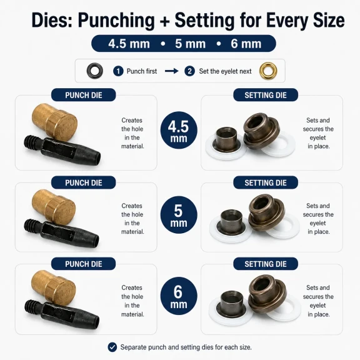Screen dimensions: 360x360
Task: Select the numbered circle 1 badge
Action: point(118,71)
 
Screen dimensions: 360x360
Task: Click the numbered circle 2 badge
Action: point(189,71)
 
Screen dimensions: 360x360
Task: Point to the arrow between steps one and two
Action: point(171,71)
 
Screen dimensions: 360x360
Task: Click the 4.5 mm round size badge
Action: point(179,130)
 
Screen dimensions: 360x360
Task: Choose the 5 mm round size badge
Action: point(179,215)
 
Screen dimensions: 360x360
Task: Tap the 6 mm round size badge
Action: point(179,296)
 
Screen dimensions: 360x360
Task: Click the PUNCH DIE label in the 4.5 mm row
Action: point(84,95)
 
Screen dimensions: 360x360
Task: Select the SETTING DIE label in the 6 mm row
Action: point(266,264)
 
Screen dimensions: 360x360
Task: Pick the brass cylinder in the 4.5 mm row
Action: point(54,122)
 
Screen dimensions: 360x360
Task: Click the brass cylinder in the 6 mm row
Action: point(54,287)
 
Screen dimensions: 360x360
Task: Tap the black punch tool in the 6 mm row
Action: point(62,314)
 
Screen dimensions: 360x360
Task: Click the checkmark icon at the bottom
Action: point(112,347)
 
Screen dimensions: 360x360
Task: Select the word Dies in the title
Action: point(52,21)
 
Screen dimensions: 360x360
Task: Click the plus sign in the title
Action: point(164,21)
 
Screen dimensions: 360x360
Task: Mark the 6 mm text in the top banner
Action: point(246,44)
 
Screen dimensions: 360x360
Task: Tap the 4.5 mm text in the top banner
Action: point(129,44)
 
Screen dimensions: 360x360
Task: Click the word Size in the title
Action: point(328,21)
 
